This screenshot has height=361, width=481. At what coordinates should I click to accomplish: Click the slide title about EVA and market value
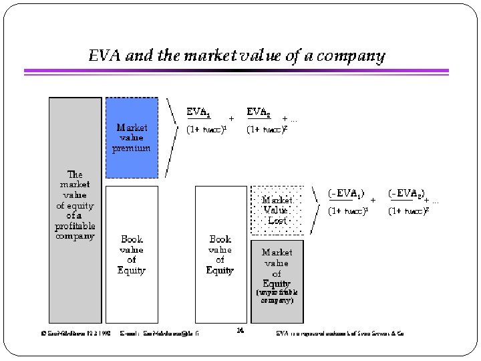click(x=236, y=55)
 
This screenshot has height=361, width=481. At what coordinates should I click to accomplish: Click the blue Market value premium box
click(x=132, y=137)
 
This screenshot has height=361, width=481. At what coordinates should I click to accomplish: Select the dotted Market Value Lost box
click(x=277, y=210)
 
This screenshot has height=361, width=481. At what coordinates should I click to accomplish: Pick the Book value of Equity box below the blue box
click(x=132, y=254)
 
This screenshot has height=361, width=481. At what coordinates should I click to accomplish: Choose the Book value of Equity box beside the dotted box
click(x=220, y=254)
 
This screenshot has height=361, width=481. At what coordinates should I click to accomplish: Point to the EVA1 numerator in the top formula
click(x=198, y=111)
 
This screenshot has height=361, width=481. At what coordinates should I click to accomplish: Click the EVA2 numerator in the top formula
click(x=259, y=111)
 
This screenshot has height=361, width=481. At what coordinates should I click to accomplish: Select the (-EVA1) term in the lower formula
click(x=345, y=193)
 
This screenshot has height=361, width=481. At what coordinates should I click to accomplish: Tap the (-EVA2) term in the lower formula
click(x=407, y=193)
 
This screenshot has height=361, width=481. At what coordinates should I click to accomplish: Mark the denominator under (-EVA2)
click(x=408, y=211)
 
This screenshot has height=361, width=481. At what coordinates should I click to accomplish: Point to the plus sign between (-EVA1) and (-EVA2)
click(x=373, y=199)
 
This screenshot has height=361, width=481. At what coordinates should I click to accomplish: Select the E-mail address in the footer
click(x=160, y=332)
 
